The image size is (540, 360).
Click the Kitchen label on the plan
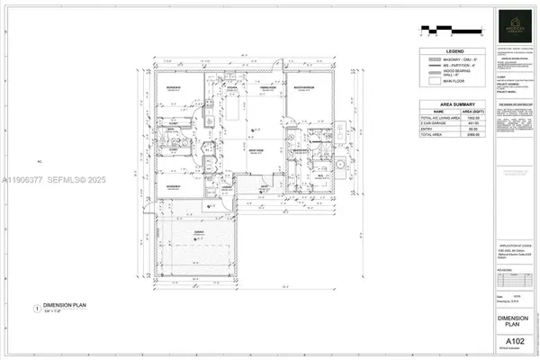tap(230, 87)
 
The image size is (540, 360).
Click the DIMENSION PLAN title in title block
tap(514, 321)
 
